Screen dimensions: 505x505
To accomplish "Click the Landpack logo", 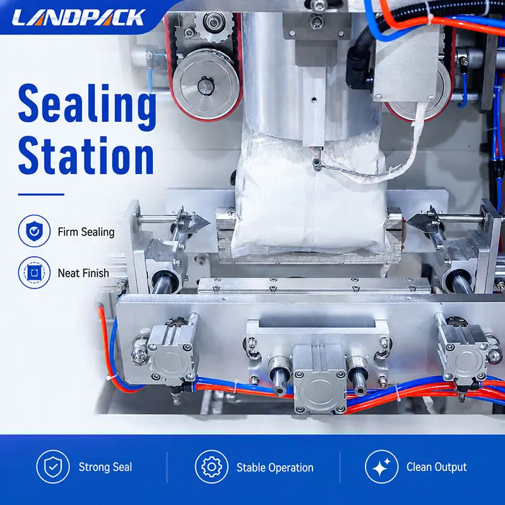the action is point(78,17).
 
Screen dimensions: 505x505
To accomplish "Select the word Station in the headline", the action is point(86,155).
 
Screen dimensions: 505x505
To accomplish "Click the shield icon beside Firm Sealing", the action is point(34,231).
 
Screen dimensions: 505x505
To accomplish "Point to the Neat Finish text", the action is point(83,273).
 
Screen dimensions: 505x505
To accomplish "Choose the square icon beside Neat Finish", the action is point(34,273).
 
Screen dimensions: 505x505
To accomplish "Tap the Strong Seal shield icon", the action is point(53,466).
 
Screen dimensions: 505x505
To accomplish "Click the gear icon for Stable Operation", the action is point(211,466).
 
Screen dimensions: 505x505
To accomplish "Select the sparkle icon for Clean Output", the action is point(382,466).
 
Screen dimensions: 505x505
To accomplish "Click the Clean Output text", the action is point(436,467).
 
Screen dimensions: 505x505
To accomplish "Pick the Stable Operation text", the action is point(275,468).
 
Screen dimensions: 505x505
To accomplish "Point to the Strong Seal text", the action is point(105,467).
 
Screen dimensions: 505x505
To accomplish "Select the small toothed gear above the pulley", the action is point(213,25).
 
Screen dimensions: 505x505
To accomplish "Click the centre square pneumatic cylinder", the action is point(320,379).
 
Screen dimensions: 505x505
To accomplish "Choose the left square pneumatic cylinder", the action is point(173,353).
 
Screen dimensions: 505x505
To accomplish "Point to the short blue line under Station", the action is point(41,194).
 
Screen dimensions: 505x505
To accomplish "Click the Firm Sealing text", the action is point(86,232).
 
